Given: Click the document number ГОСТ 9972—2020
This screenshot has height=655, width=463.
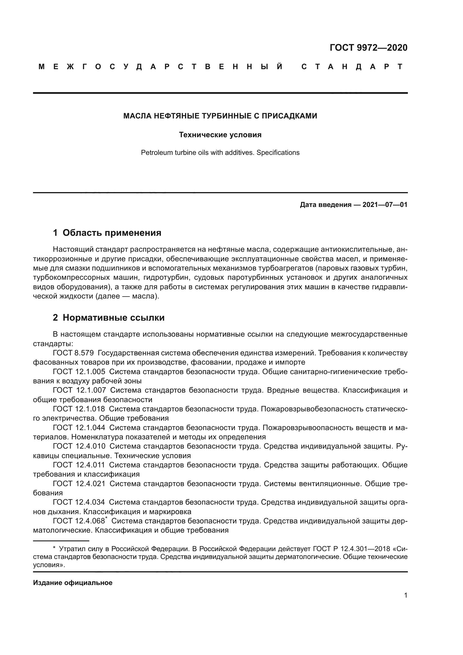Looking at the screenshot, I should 368,48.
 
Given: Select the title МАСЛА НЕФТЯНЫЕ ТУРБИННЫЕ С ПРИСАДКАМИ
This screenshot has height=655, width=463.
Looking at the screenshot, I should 220,116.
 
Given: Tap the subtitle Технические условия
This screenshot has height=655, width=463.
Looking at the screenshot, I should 220,135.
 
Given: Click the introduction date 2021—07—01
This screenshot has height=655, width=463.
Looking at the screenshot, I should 385,205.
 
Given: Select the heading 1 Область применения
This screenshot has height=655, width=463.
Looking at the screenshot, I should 107,233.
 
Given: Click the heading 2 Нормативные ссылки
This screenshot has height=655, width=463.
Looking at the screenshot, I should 109,318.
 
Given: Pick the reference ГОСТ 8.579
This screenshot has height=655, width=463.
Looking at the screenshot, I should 73,353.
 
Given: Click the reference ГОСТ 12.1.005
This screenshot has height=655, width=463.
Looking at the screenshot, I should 79,372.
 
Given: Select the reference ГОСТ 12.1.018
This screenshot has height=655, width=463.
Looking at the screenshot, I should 79,409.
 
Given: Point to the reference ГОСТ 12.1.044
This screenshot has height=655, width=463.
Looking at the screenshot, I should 79,428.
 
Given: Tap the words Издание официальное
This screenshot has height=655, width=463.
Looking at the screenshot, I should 73,583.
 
